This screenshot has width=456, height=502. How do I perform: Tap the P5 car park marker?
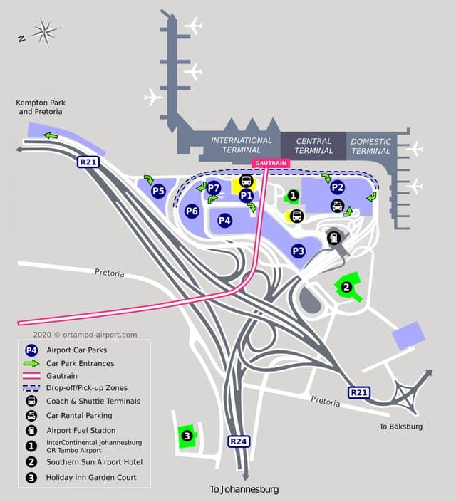click(x=158, y=190)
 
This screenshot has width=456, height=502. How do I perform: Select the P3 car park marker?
click(x=298, y=251)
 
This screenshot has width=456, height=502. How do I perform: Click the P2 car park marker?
click(x=337, y=188)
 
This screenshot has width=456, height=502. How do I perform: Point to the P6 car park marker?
click(x=192, y=211)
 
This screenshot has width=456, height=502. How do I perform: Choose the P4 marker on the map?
click(x=225, y=221)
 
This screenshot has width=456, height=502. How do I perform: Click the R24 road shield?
click(x=239, y=441)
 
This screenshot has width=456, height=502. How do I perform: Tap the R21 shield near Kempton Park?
click(x=88, y=162)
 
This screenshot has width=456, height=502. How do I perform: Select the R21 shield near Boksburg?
click(x=358, y=392)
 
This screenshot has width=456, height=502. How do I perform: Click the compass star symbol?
click(x=45, y=31)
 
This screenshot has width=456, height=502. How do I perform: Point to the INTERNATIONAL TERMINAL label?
click(x=241, y=145)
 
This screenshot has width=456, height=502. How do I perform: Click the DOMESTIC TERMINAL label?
click(x=370, y=146)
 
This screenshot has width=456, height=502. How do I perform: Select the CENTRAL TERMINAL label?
click(x=313, y=146)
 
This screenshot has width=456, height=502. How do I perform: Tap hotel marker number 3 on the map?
click(x=186, y=436)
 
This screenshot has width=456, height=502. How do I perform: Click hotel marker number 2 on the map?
click(x=346, y=288)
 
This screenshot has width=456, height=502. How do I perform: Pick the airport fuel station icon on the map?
click(x=333, y=239)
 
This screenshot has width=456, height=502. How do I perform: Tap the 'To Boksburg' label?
click(x=400, y=426)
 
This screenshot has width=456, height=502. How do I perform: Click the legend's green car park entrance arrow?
click(x=31, y=363)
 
